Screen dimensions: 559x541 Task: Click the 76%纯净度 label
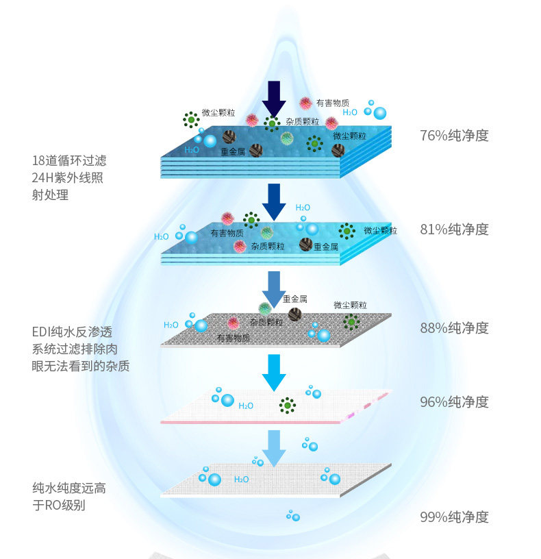point(454,135)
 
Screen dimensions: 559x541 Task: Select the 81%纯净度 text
point(454,229)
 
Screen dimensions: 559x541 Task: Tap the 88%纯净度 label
point(454,327)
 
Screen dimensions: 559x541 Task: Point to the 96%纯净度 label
point(454,401)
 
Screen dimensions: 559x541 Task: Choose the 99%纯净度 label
point(454,517)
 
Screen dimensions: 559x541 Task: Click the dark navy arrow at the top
point(274,99)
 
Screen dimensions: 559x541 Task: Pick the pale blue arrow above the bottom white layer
point(274,447)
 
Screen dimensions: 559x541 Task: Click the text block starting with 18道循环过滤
point(68,177)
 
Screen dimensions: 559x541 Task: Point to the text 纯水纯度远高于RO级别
point(68,497)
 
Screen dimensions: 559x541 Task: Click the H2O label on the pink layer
point(245,406)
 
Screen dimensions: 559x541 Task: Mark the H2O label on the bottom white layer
point(241,479)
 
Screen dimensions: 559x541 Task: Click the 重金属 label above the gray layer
point(294,299)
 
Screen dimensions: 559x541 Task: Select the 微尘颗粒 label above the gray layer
point(350,305)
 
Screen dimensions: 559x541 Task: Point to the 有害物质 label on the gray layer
point(233,338)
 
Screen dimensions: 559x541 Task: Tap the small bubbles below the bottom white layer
point(293,515)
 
